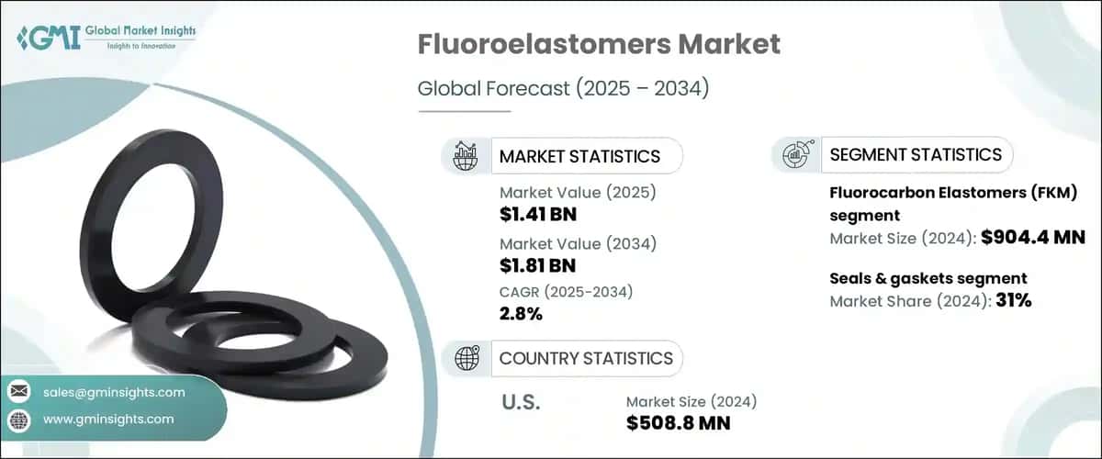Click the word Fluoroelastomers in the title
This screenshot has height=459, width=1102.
pyautogui.click(x=544, y=44)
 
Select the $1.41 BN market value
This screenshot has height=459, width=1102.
pyautogui.click(x=538, y=214)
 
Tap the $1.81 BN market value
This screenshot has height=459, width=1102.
pyautogui.click(x=537, y=265)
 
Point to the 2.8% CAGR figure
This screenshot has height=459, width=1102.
pyautogui.click(x=521, y=313)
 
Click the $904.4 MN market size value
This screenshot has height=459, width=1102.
pyautogui.click(x=1033, y=238)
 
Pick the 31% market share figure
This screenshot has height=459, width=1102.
pyautogui.click(x=1014, y=300)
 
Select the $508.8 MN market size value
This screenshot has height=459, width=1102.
pyautogui.click(x=678, y=423)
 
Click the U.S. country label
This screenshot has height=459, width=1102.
pyautogui.click(x=521, y=402)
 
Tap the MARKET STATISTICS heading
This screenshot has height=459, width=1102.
pyautogui.click(x=579, y=156)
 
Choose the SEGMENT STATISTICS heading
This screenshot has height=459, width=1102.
pyautogui.click(x=916, y=154)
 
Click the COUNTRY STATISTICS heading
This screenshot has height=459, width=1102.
pyautogui.click(x=586, y=358)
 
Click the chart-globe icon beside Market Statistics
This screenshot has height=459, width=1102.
pyautogui.click(x=466, y=156)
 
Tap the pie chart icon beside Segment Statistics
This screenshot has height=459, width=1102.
pyautogui.click(x=797, y=154)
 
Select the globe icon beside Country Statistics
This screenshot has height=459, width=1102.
pyautogui.click(x=467, y=358)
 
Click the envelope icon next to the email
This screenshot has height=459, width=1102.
pyautogui.click(x=19, y=392)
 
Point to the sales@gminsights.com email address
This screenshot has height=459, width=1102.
pyautogui.click(x=114, y=392)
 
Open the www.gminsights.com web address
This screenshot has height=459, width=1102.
pyautogui.click(x=108, y=420)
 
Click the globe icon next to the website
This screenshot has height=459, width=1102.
pyautogui.click(x=19, y=420)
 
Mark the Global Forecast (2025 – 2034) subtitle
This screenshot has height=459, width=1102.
pyautogui.click(x=563, y=88)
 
